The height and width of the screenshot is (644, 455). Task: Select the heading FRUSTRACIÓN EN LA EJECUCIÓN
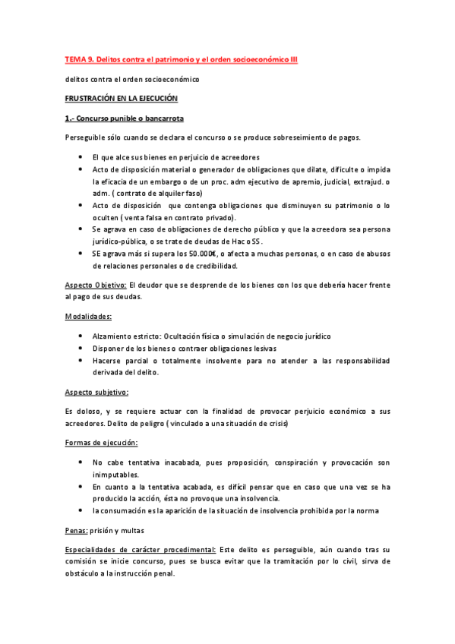[121, 99]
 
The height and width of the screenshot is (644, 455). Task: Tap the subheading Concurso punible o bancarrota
[124, 118]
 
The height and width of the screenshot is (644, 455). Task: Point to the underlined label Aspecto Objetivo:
[96, 284]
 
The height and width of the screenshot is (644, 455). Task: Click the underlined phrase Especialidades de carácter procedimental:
[140, 548]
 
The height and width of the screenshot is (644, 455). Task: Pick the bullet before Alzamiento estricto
[81, 336]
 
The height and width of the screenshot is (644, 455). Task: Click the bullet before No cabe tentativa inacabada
[81, 462]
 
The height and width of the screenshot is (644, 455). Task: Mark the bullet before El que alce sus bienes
[81, 156]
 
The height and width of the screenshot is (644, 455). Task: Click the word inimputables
[117, 474]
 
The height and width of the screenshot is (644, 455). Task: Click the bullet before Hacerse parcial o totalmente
[81, 360]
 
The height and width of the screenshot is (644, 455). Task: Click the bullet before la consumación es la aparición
[81, 510]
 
